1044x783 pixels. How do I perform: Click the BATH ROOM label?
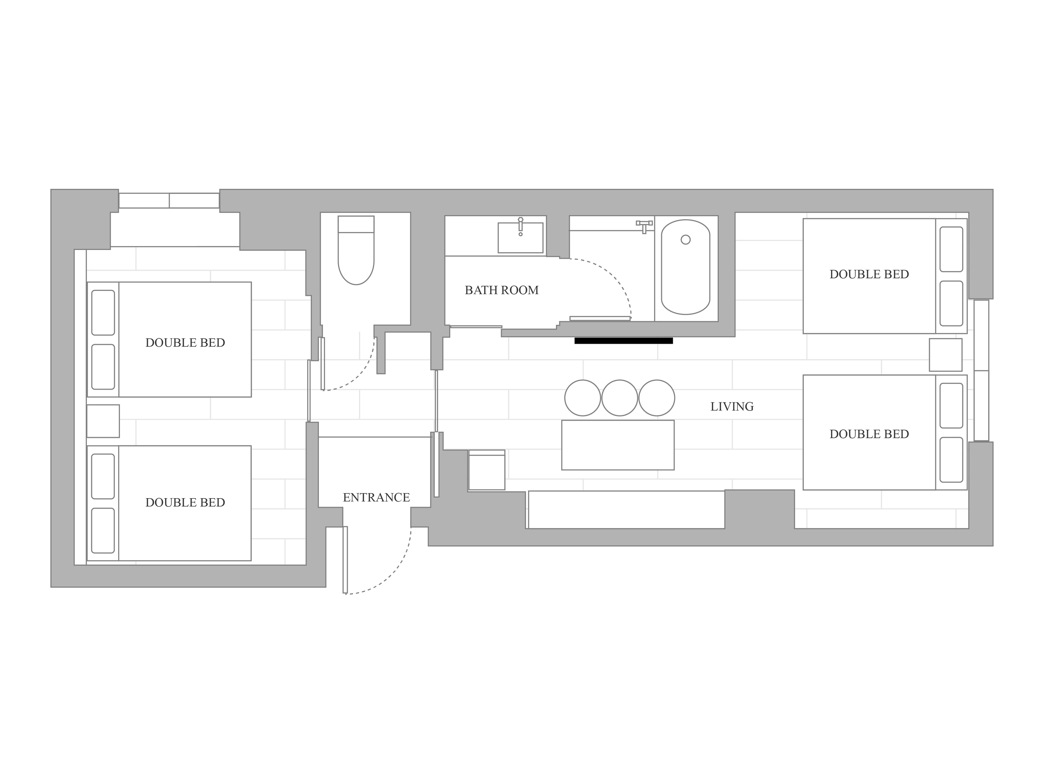(502, 290)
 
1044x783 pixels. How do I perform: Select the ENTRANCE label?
(376, 497)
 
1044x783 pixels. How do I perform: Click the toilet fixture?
(356, 250)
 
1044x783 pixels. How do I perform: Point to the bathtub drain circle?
(686, 240)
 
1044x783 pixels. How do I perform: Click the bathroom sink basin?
(521, 237)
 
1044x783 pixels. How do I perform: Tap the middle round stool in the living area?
(620, 398)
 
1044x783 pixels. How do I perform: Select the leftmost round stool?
(583, 398)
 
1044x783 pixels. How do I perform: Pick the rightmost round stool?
(657, 398)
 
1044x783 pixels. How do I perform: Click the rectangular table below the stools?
(618, 445)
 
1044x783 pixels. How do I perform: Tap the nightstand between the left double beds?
(103, 421)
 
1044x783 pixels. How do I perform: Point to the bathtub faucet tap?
(644, 227)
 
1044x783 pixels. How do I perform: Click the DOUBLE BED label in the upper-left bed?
(185, 343)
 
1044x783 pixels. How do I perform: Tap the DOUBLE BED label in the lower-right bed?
(869, 434)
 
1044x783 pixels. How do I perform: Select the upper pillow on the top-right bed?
(951, 249)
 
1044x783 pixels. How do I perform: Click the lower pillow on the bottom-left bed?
(103, 531)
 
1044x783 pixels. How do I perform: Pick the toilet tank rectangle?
(356, 224)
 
